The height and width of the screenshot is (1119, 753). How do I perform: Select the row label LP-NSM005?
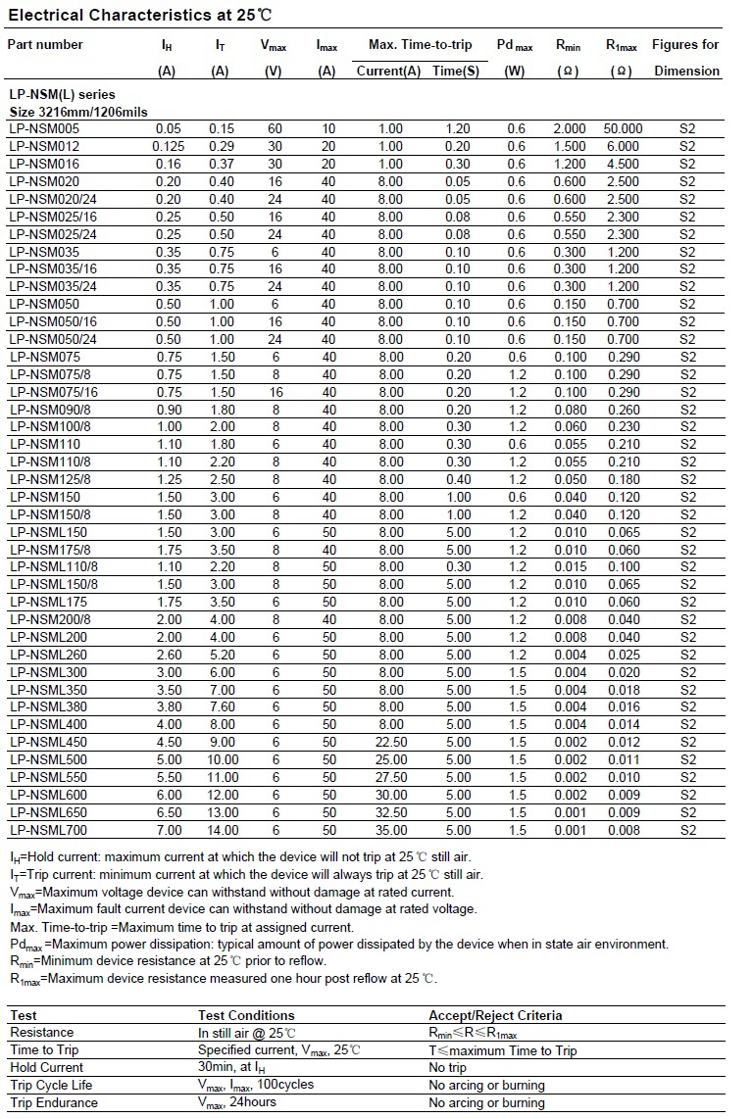click(x=45, y=128)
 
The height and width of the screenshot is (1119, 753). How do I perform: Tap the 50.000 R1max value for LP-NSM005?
click(x=623, y=128)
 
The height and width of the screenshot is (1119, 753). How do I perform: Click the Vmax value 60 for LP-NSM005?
click(x=275, y=128)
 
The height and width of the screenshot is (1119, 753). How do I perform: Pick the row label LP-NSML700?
click(x=48, y=830)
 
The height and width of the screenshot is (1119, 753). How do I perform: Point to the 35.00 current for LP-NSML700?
click(x=390, y=830)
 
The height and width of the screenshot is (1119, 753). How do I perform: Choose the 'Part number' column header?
click(x=45, y=44)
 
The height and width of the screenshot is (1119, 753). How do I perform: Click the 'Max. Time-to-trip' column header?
click(x=420, y=44)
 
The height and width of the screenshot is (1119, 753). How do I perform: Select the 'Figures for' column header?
click(x=685, y=44)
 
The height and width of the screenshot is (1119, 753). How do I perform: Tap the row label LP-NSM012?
click(x=45, y=146)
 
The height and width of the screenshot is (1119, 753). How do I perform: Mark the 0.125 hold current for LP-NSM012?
click(x=168, y=146)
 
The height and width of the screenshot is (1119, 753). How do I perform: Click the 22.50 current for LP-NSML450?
click(x=390, y=742)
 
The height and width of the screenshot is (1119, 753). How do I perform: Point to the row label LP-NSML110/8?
click(x=53, y=566)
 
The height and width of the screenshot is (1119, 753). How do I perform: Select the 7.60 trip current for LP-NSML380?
click(x=221, y=706)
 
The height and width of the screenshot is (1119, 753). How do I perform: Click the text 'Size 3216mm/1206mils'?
click(x=76, y=112)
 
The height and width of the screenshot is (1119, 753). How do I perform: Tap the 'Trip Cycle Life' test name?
click(x=51, y=1085)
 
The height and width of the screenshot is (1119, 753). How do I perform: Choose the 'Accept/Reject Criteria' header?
click(x=495, y=1015)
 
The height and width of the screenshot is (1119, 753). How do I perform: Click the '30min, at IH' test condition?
click(x=231, y=1067)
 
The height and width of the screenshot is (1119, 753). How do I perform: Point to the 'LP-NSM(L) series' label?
click(x=61, y=95)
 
